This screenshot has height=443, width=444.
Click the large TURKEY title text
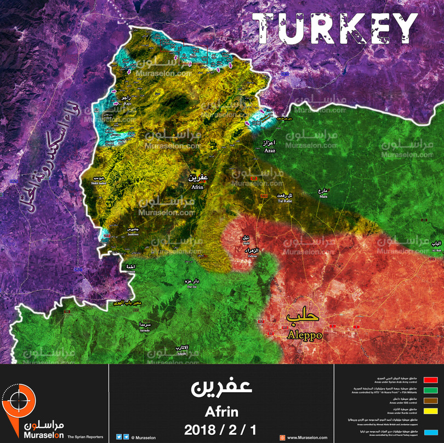click(335, 28)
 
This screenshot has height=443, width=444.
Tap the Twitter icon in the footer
click(119, 437)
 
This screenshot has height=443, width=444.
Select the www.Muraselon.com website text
click(306, 438)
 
